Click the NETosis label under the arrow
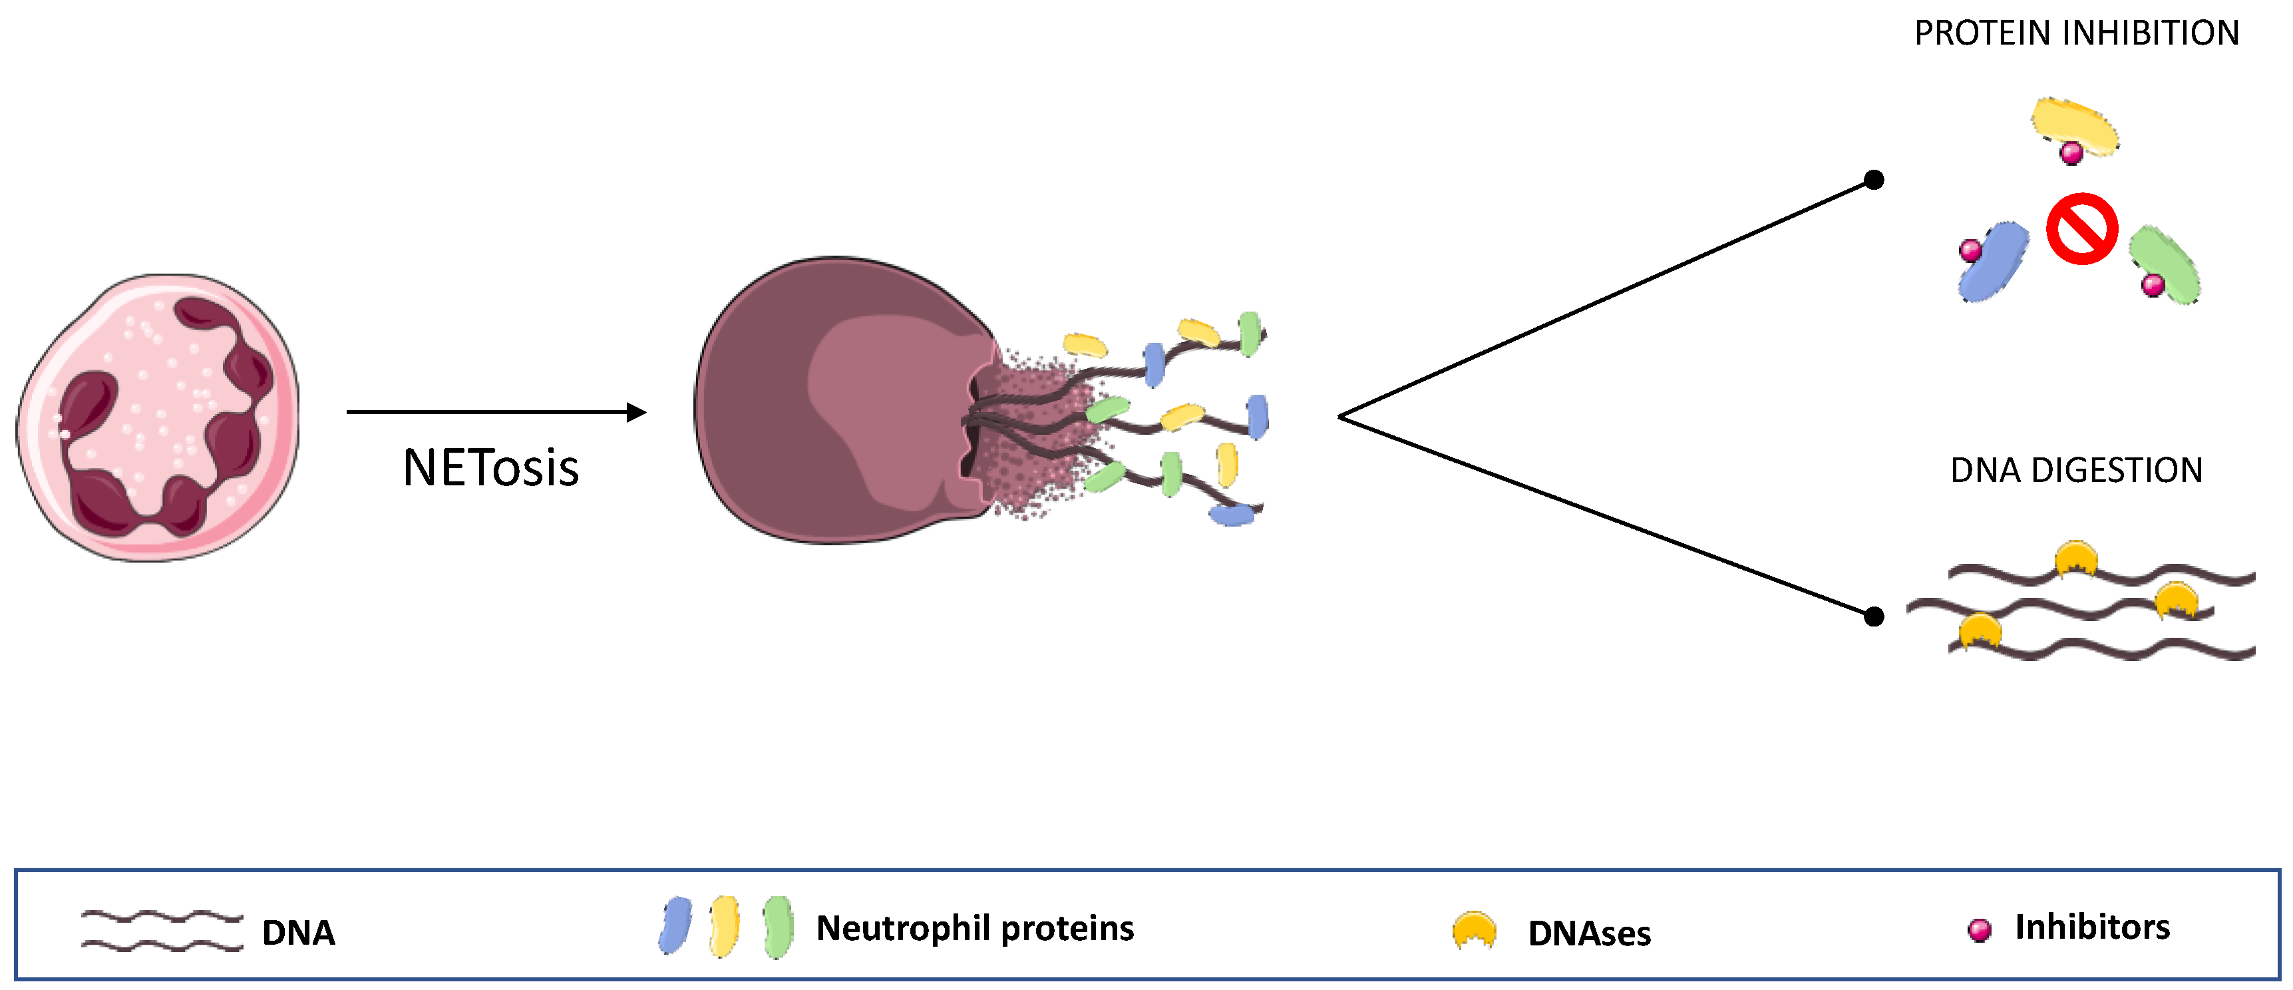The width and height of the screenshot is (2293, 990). pyautogui.click(x=490, y=467)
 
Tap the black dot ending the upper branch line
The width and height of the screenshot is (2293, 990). pyautogui.click(x=1874, y=180)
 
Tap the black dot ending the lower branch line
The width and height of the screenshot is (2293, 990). pyautogui.click(x=1874, y=616)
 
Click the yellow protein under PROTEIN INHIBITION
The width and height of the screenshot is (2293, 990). pyautogui.click(x=2074, y=124)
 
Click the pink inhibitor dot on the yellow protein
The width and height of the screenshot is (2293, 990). pyautogui.click(x=2071, y=153)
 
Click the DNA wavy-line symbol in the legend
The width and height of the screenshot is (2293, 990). pyautogui.click(x=162, y=930)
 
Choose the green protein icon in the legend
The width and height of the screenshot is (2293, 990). pyautogui.click(x=778, y=927)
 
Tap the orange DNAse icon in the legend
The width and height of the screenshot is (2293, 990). pyautogui.click(x=1474, y=929)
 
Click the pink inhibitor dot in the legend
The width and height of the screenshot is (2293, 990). pyautogui.click(x=1979, y=929)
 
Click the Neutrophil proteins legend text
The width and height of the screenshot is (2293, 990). pyautogui.click(x=975, y=929)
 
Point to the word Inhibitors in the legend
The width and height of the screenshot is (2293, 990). pyautogui.click(x=2092, y=927)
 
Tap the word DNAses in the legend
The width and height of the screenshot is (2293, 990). pyautogui.click(x=1589, y=933)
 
